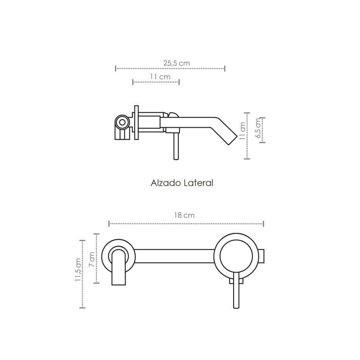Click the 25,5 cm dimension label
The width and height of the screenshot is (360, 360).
click(x=177, y=63)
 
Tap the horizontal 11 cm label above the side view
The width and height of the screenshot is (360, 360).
click(x=160, y=77)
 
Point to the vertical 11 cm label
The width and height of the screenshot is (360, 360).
click(x=243, y=131)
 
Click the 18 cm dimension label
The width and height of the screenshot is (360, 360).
click(x=185, y=215)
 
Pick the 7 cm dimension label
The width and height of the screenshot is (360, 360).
click(x=92, y=259)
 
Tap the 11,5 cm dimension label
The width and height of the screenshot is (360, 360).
click(x=78, y=270)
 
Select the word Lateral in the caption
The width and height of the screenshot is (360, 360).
click(x=199, y=183)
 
